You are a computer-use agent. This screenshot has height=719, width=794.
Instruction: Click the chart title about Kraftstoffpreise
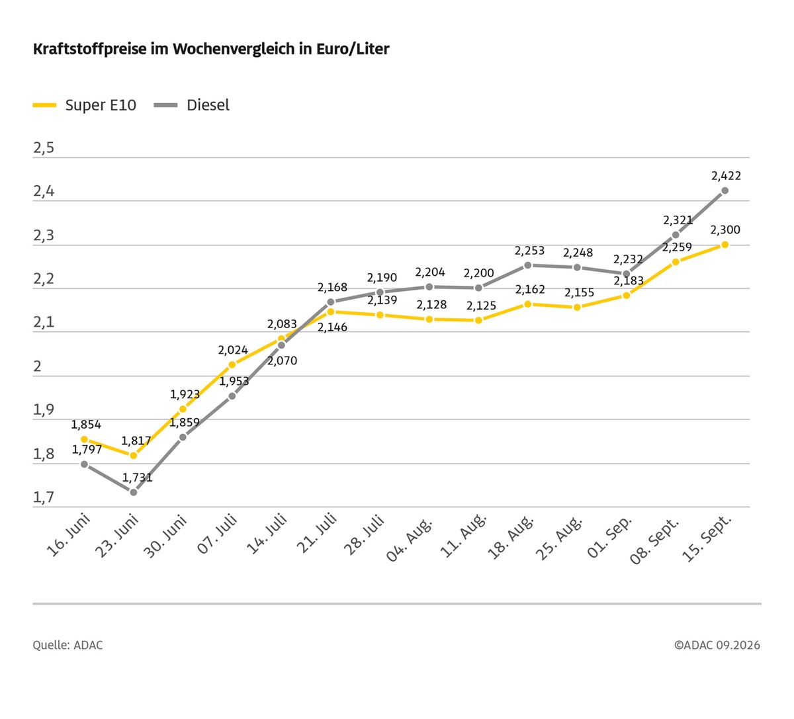click(211, 49)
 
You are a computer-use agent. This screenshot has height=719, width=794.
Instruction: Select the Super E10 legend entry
click(84, 105)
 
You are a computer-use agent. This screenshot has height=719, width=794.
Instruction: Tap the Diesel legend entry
click(192, 105)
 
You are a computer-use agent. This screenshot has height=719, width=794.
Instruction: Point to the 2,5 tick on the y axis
click(44, 148)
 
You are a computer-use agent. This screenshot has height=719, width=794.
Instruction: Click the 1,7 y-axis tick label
click(44, 497)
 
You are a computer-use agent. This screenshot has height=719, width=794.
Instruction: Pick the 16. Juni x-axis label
click(68, 535)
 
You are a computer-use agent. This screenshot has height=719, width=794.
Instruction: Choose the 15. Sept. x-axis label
click(707, 538)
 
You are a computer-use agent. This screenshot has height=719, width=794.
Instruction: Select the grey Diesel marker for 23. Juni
click(134, 492)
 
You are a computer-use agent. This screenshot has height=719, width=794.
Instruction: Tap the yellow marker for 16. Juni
click(84, 439)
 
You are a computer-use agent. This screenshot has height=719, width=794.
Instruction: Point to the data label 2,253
click(529, 251)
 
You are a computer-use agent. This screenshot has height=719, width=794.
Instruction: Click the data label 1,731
click(137, 478)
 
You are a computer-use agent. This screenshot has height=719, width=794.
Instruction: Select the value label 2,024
click(233, 350)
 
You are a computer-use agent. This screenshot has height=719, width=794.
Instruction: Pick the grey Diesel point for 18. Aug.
click(527, 265)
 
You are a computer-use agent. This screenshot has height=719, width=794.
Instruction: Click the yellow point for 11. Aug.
click(478, 320)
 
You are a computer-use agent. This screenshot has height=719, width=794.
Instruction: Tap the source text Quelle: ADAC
click(67, 645)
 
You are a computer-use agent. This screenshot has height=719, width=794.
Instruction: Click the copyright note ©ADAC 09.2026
click(717, 645)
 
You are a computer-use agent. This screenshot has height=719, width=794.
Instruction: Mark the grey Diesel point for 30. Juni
click(183, 437)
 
